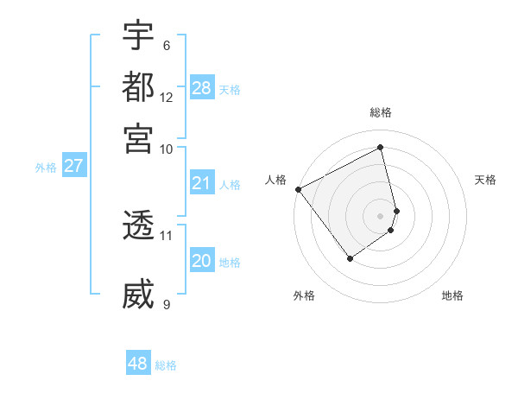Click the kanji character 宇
tap(138, 37)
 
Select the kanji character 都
tap(138, 88)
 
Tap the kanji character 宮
tap(138, 138)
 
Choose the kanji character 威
tap(138, 295)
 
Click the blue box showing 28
tap(202, 87)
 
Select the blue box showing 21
tap(202, 183)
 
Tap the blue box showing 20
tap(202, 261)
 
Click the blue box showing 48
tap(138, 364)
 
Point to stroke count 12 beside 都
tap(167, 98)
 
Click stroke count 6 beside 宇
tap(167, 46)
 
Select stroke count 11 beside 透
tap(167, 235)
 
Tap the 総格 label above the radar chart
tap(381, 112)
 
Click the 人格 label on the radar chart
tap(276, 180)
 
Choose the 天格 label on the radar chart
tap(486, 180)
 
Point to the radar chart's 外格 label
tap(304, 295)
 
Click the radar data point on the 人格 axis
tap(299, 189)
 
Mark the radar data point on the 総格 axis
tap(381, 148)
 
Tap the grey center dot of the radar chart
tap(381, 215)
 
